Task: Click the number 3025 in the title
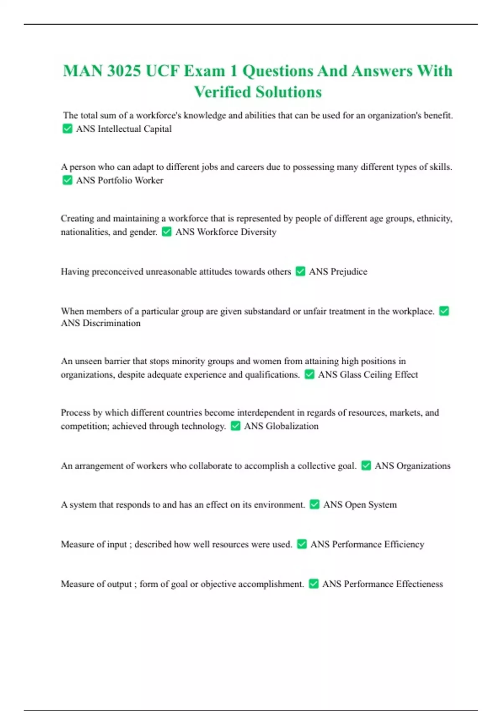[x=124, y=71]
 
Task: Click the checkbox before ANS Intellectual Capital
[x=67, y=129]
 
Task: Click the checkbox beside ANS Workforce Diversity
[x=166, y=232]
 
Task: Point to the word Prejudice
[x=348, y=271]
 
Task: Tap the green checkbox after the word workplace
[x=444, y=311]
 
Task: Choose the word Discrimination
[x=111, y=323]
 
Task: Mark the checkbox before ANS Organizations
[x=366, y=465]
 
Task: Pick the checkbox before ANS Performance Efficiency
[x=302, y=544]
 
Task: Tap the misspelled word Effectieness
[x=419, y=584]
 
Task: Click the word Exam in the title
[x=205, y=71]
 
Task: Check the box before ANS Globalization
[x=236, y=426]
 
